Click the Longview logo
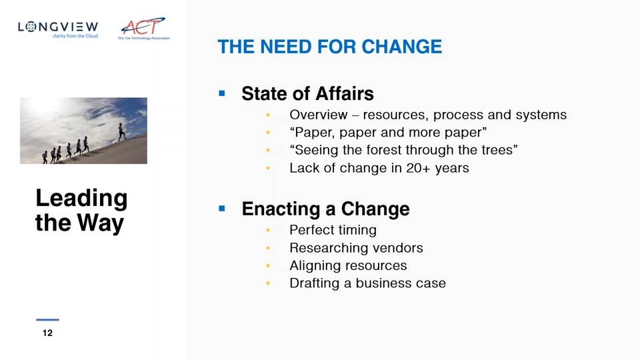tap(58, 29)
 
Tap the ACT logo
tap(144, 29)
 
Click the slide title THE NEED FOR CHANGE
tap(330, 47)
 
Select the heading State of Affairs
tap(307, 93)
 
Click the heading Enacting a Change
tap(325, 209)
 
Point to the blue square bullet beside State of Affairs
tap(222, 93)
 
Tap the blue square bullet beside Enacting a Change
tap(222, 209)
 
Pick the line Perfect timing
tap(333, 230)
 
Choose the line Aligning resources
tap(348, 266)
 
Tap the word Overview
tap(319, 115)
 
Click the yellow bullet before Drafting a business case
tap(268, 283)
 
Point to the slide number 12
tap(47, 333)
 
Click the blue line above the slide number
tap(47, 319)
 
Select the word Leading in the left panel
tap(81, 199)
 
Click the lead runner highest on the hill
tap(121, 133)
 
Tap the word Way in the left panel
tap(101, 223)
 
